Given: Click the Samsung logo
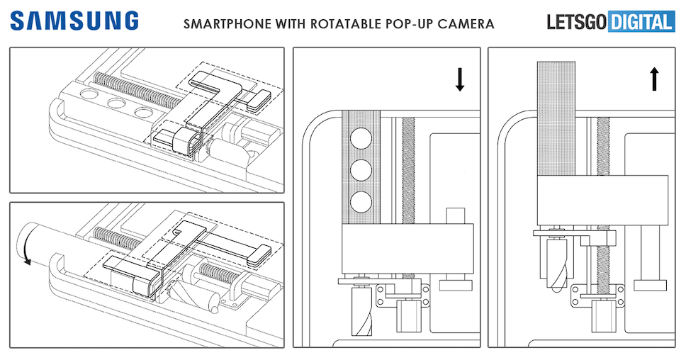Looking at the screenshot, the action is pyautogui.click(x=74, y=21).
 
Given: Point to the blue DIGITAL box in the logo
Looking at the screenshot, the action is pyautogui.click(x=641, y=22).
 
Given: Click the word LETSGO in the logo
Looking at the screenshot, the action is pyautogui.click(x=577, y=22).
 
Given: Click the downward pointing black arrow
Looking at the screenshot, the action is pyautogui.click(x=459, y=79).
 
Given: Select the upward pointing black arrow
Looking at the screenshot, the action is pyautogui.click(x=655, y=79).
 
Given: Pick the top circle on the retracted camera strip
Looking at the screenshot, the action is pyautogui.click(x=361, y=137).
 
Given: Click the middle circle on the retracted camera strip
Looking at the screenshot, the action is pyautogui.click(x=361, y=170).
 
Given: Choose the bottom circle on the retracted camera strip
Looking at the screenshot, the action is pyautogui.click(x=361, y=202).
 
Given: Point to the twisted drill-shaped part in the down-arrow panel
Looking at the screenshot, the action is pyautogui.click(x=362, y=310).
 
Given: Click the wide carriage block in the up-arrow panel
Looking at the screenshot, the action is pyautogui.click(x=602, y=201).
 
